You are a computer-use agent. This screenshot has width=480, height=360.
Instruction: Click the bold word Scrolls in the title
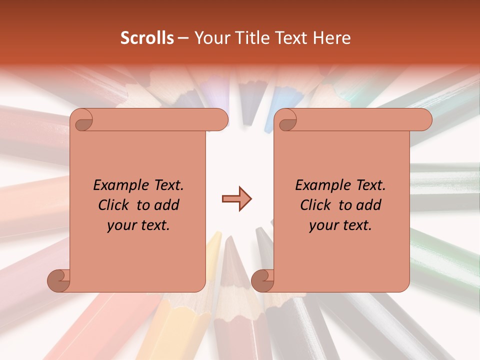(147, 38)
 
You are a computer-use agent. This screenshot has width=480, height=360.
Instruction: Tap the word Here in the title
(332, 38)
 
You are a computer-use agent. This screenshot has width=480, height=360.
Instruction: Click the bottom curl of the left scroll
(58, 280)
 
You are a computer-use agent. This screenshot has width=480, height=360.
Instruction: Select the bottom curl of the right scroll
(262, 280)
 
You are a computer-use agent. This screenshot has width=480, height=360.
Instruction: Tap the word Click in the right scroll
(315, 205)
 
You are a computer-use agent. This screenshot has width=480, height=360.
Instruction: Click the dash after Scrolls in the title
(183, 38)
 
